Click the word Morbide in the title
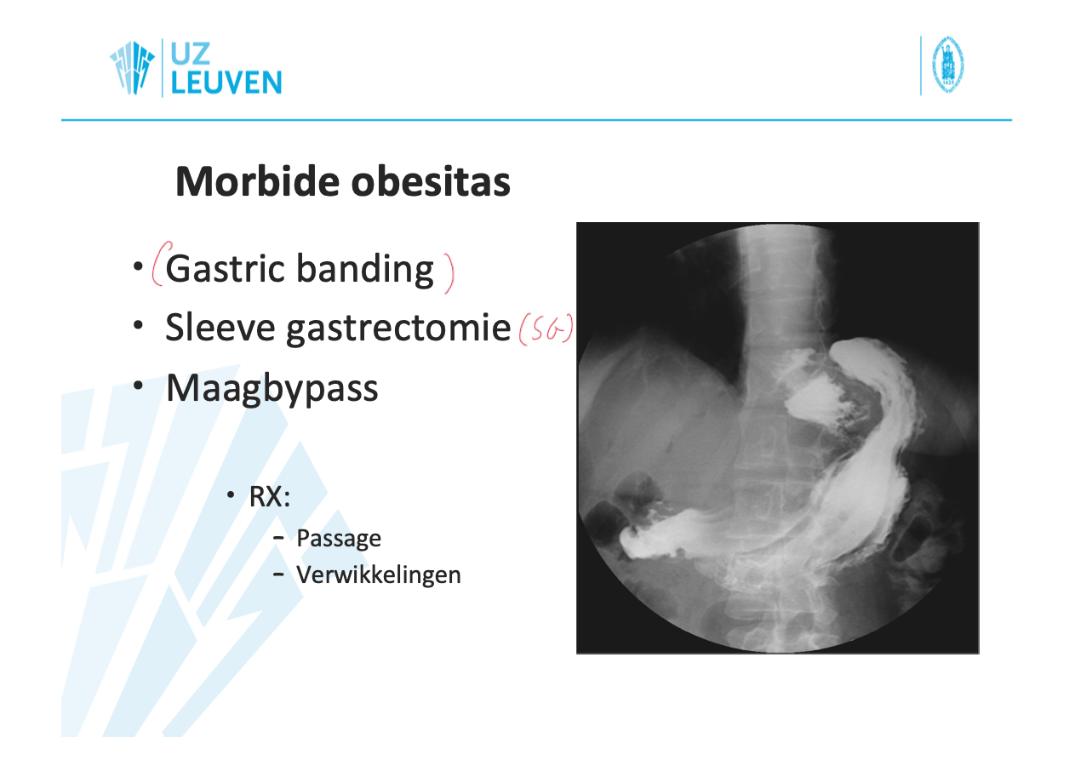click(258, 181)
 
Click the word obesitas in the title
click(431, 181)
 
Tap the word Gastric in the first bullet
click(225, 269)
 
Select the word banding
click(365, 270)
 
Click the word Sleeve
click(220, 328)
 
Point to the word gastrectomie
click(398, 329)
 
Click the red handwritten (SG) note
click(546, 329)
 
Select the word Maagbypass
click(272, 389)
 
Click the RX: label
click(270, 496)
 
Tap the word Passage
click(339, 539)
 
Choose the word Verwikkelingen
click(379, 574)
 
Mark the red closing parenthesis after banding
click(449, 272)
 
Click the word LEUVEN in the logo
click(226, 83)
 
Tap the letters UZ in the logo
click(190, 54)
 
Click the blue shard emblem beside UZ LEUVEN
click(132, 67)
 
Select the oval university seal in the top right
click(948, 65)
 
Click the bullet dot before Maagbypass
click(138, 386)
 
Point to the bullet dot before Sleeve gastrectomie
click(138, 325)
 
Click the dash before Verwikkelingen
click(278, 574)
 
